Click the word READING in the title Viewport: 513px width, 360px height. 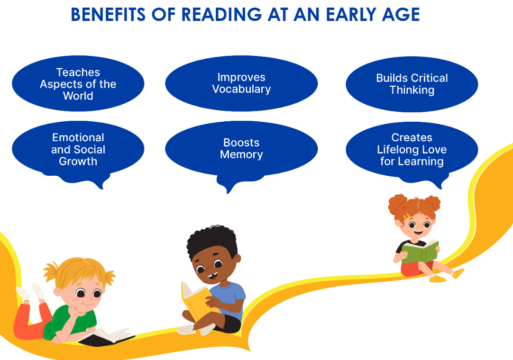click(221, 15)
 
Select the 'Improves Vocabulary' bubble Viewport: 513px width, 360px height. click(241, 83)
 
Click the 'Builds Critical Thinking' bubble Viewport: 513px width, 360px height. click(412, 84)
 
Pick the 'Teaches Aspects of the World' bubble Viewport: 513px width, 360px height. click(78, 84)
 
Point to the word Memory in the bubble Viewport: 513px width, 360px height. click(241, 154)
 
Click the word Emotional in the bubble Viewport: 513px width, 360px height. click(78, 137)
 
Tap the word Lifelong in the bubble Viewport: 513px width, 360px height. click(394, 149)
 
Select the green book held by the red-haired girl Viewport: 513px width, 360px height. click(420, 251)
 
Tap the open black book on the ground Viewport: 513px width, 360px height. click(106, 337)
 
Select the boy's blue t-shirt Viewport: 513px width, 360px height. click(229, 298)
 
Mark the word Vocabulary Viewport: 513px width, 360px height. click(241, 89)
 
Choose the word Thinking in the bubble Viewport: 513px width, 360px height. click(412, 90)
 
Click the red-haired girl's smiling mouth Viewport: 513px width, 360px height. click(418, 232)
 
